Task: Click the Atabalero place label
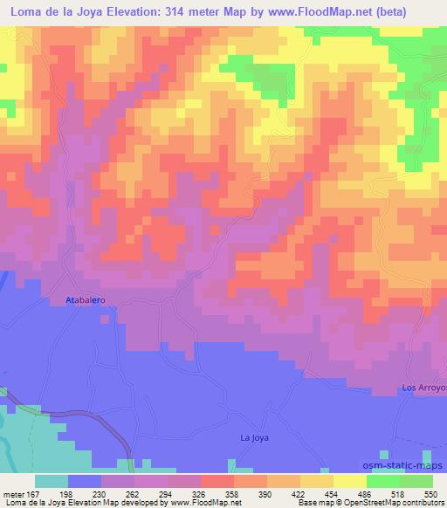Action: (86, 299)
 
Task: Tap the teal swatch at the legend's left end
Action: (52, 481)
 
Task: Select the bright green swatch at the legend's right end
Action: (416, 481)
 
